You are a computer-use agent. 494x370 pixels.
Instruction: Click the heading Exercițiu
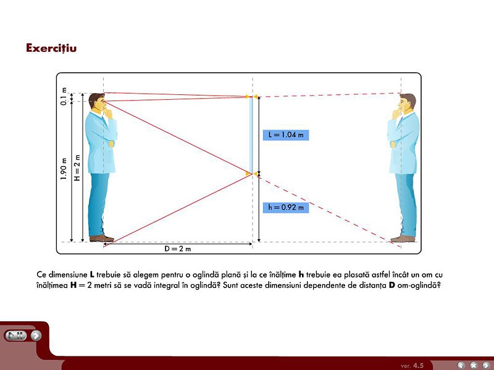pos(51,48)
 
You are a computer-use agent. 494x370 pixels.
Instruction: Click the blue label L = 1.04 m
pos(286,135)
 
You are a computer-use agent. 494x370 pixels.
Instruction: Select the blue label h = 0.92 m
pos(286,207)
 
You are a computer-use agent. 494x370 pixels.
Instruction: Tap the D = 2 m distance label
pos(178,249)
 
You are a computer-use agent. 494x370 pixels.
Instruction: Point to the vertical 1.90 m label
pos(64,169)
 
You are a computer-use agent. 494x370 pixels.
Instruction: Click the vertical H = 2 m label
pos(77,168)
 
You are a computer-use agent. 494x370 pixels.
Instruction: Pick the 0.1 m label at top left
pos(64,96)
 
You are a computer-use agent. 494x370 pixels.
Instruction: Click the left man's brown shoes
pos(101,238)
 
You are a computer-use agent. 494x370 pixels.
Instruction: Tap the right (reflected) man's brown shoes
pos(403,239)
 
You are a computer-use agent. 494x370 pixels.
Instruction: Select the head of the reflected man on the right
pos(407,102)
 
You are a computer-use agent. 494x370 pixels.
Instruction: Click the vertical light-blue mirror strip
pos(251,135)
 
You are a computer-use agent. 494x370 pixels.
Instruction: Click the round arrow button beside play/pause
pos(36,335)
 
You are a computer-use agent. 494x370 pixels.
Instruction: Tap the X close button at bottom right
pos(474,365)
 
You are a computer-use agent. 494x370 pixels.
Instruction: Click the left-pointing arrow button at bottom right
pos(461,365)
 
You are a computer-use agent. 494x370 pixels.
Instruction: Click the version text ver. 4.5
pos(412,366)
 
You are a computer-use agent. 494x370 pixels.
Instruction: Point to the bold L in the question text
pos(92,274)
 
